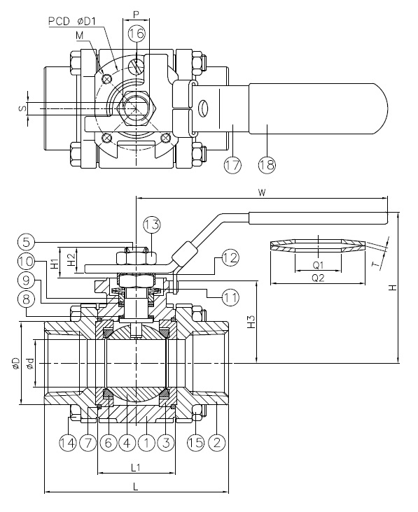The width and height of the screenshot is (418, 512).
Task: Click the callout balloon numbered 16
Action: click(137, 34)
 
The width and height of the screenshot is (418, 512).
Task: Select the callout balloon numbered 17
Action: click(232, 165)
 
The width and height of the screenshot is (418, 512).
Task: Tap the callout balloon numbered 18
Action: click(267, 165)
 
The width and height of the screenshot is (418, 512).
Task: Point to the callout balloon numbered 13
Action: click(152, 225)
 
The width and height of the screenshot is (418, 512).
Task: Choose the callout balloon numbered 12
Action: click(230, 257)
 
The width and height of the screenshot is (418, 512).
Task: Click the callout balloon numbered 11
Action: click(230, 297)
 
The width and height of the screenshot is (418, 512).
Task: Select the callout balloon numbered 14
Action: click(68, 443)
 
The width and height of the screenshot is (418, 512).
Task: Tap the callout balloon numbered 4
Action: click(127, 443)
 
